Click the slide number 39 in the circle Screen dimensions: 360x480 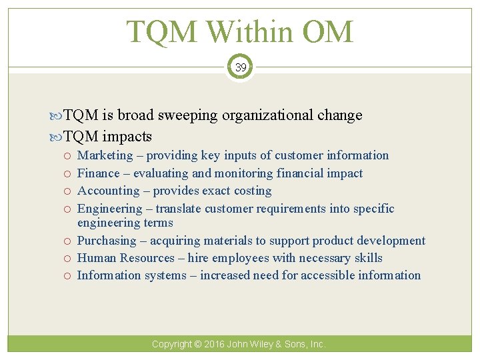tap(240, 68)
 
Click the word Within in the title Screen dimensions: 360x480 tap(241, 32)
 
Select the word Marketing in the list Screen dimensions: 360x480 tap(105, 155)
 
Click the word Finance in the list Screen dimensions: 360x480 tap(99, 173)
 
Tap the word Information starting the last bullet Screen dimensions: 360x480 tap(109, 275)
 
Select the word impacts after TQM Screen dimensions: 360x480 tap(127, 137)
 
